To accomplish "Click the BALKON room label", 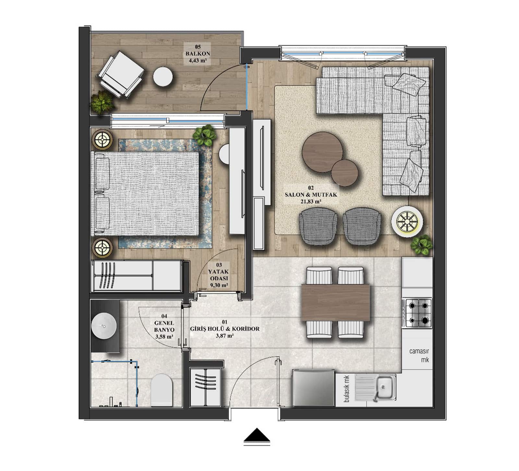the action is point(197,54).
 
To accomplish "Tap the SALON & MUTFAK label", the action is point(311,195).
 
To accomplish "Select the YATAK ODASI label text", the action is point(218,275).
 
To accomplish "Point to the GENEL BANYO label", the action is point(164,326).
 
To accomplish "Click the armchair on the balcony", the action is point(120,74).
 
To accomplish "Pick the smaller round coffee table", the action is point(345,173).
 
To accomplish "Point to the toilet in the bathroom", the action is point(161,390).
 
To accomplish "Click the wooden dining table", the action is point(336,302).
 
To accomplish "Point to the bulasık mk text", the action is point(347,389).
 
